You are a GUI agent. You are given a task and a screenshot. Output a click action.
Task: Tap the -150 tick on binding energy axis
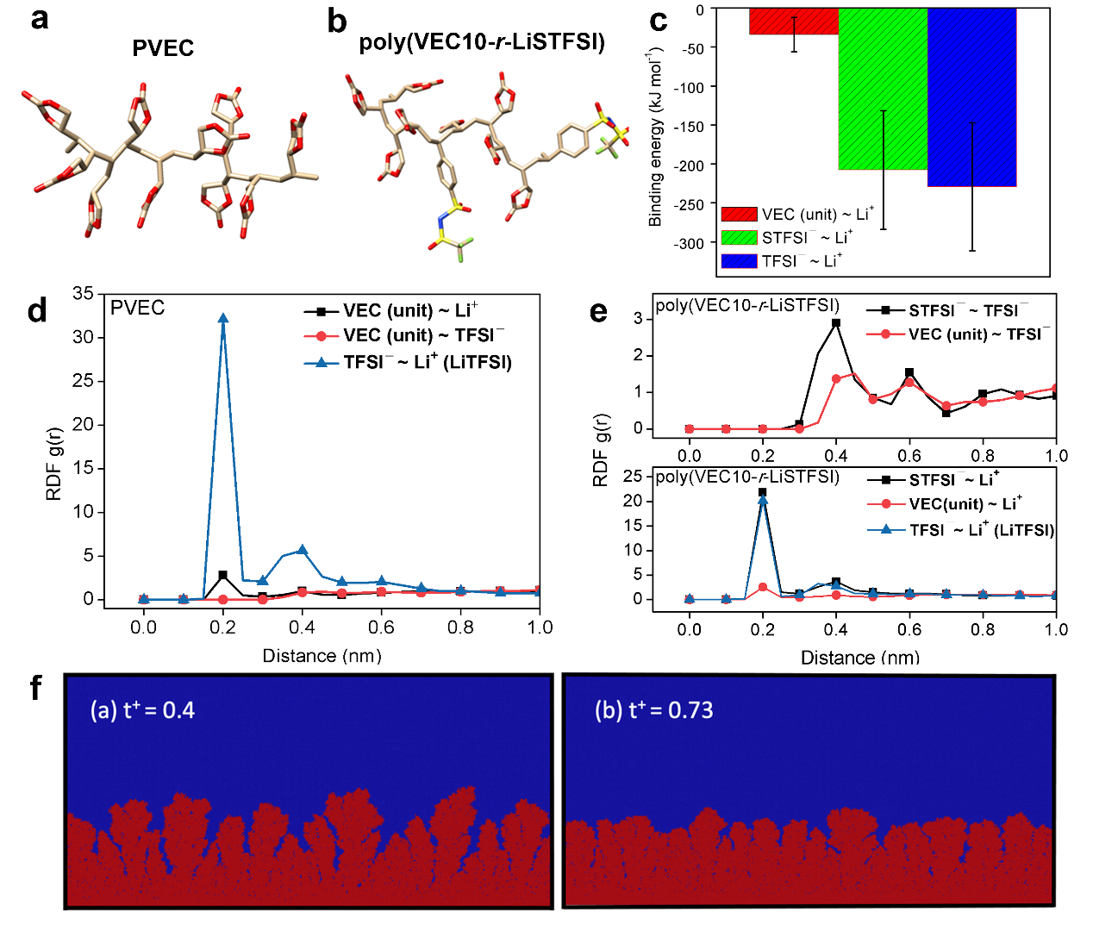point(693,126)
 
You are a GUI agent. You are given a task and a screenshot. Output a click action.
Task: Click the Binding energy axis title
point(655,138)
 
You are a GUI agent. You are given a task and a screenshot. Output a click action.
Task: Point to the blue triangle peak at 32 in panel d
point(223,318)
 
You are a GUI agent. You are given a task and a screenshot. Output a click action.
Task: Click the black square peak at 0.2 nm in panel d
point(223,575)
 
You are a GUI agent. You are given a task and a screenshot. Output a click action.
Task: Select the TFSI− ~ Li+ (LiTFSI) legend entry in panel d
point(408,362)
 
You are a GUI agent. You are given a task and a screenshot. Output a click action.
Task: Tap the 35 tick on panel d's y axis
point(84,293)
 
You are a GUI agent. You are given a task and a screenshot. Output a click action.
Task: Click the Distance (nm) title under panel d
point(322,656)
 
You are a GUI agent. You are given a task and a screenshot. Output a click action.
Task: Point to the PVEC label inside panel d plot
point(137,308)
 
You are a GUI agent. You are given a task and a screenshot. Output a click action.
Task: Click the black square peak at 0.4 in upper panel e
point(835,323)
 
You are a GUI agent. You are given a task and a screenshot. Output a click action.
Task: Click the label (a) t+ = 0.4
point(143,710)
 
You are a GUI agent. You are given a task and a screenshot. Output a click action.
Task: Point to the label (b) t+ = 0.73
point(653,710)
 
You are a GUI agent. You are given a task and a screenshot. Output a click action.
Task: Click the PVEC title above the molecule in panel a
point(163,48)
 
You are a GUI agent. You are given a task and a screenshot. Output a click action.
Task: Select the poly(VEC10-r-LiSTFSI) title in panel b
point(482,42)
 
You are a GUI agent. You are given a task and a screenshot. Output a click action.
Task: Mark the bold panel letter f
point(35,689)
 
